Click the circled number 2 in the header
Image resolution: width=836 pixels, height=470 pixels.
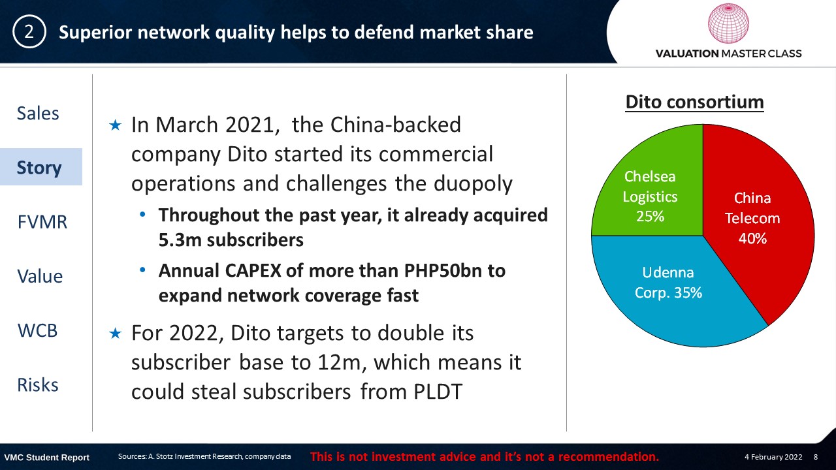[x=29, y=32]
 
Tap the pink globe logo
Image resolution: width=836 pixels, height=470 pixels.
[x=728, y=23]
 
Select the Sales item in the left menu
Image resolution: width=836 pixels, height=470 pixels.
[x=38, y=113]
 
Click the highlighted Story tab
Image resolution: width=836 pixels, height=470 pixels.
[x=39, y=168]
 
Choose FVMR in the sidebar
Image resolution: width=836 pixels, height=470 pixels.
[x=42, y=222]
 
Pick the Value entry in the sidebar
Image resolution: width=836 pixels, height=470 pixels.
[x=40, y=276]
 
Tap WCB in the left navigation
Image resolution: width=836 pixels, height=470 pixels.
[x=38, y=330]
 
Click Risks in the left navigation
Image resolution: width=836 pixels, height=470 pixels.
[x=38, y=384]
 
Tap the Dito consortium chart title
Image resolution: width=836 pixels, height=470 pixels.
[x=694, y=102]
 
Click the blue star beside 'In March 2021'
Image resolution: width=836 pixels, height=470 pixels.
[x=116, y=125]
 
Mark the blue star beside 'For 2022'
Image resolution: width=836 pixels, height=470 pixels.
[x=116, y=333]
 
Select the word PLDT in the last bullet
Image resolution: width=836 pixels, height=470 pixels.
[x=438, y=392]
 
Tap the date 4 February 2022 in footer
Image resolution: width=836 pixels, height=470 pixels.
[x=773, y=456]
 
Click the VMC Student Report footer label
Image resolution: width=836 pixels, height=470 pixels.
[x=46, y=458]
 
